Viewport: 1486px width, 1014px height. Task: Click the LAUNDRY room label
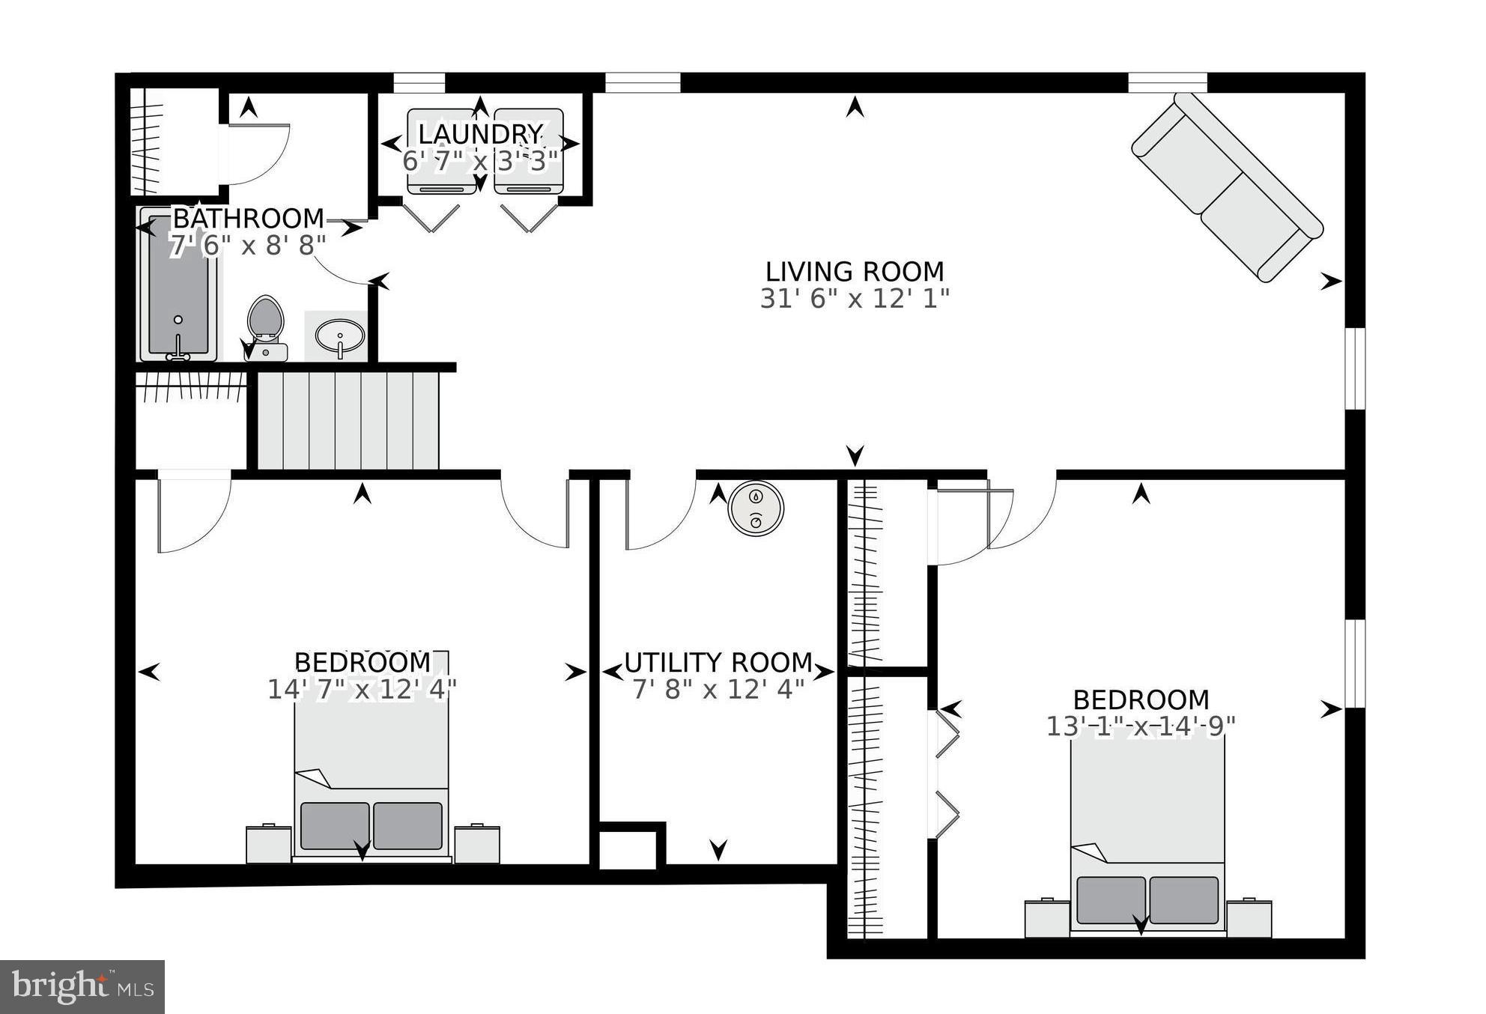479,134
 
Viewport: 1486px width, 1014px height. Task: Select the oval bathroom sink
340,335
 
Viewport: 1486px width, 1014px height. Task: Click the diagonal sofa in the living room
1227,186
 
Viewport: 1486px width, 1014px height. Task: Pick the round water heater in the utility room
756,508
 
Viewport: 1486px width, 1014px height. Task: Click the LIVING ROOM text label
854,271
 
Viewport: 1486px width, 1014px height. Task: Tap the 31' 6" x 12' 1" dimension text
854,299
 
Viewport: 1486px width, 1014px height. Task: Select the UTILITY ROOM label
718,663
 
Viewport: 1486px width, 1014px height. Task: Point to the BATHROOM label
248,219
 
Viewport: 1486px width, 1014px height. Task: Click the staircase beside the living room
348,419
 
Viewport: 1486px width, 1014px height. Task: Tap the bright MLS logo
82,986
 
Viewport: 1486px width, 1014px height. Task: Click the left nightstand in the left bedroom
268,844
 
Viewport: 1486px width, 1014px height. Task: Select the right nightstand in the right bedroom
1249,918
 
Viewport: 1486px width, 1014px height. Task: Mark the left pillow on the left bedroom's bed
335,826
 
